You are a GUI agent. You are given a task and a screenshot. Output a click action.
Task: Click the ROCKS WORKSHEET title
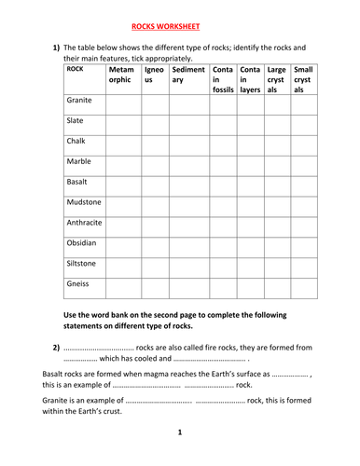coord(180,28)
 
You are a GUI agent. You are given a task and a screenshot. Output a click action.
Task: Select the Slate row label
coord(76,120)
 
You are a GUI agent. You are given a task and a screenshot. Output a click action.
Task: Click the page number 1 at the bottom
coord(180,432)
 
